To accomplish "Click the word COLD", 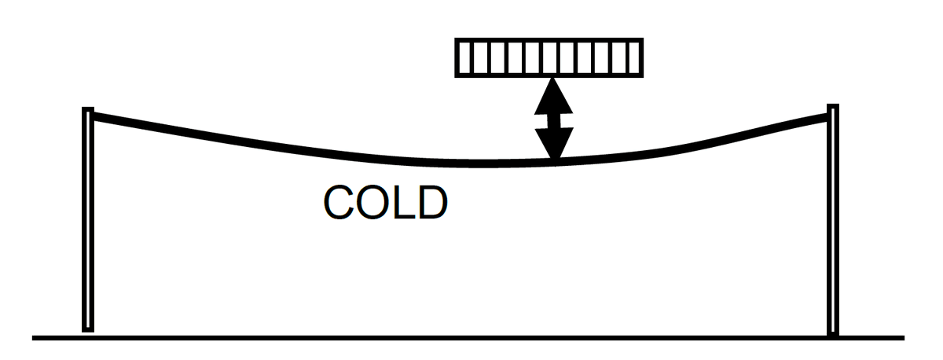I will coord(385,204).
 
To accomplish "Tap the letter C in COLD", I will coord(339,204).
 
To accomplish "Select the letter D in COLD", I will coord(431,204).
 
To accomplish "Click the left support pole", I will coord(88,220).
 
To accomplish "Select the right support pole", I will coord(833,220).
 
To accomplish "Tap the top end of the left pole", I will coord(89,109).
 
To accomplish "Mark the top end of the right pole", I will coord(833,107).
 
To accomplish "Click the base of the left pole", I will coord(88,329).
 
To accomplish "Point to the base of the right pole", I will coord(833,333).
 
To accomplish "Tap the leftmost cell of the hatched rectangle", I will coord(464,58).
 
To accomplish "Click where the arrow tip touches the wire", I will coord(556,161).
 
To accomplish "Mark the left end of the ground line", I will coord(34,339).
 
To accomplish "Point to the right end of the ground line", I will coord(904,339).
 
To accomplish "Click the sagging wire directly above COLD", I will coord(385,156).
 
